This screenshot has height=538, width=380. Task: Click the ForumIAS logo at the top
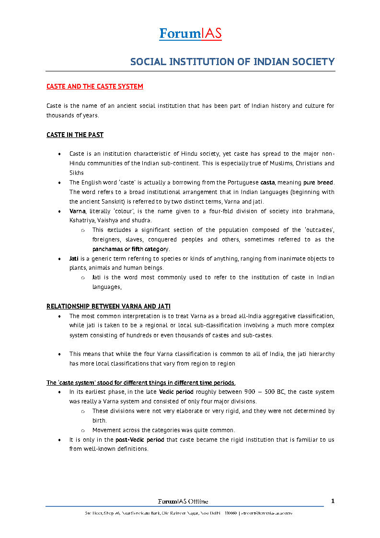click(190, 34)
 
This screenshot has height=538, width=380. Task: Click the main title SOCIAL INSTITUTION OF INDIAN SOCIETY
click(232, 62)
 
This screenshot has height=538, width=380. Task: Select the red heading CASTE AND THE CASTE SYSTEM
click(94, 87)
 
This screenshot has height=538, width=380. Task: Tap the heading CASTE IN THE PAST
click(75, 135)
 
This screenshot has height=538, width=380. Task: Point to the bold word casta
click(267, 183)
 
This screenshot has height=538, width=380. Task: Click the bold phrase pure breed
click(318, 183)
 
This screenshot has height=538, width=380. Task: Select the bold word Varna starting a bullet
click(78, 211)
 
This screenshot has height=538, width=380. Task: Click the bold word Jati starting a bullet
click(74, 259)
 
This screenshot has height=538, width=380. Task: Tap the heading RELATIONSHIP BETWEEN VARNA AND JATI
click(108, 306)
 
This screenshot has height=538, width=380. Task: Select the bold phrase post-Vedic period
click(140, 439)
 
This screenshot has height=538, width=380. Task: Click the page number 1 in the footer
click(333, 501)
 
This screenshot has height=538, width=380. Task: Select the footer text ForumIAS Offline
click(183, 502)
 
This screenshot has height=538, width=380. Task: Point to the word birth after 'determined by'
click(99, 420)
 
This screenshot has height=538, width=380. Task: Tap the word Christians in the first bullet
click(306, 163)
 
